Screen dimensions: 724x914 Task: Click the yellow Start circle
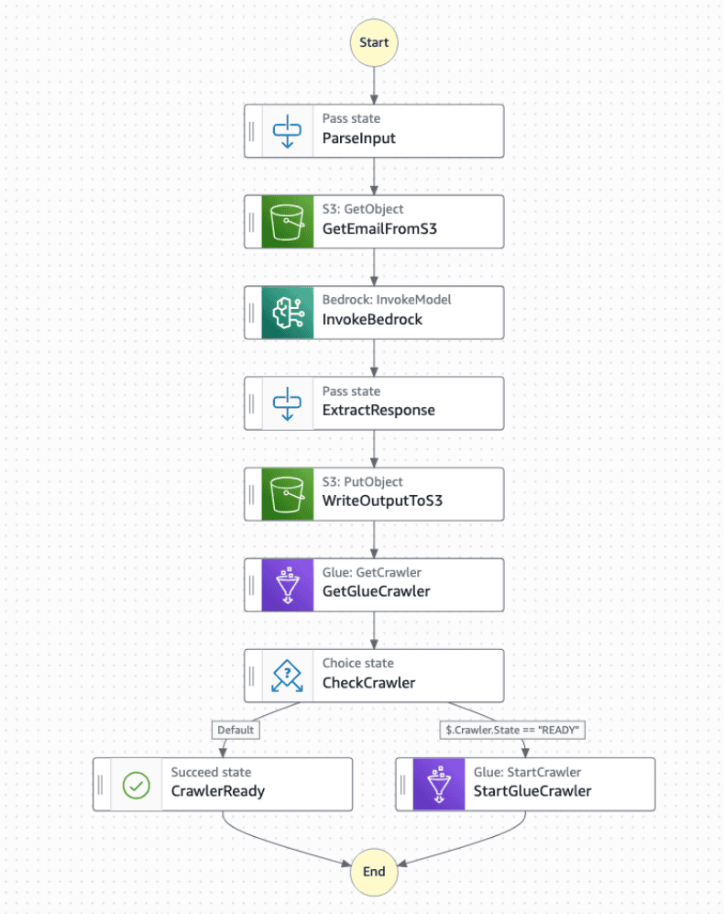(374, 42)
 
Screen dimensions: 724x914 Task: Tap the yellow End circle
(374, 872)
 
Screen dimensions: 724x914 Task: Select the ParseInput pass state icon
(288, 131)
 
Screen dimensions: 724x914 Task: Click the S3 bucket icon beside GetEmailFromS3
(288, 222)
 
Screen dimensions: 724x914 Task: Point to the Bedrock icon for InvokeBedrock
(288, 313)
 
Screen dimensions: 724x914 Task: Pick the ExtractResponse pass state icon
(288, 403)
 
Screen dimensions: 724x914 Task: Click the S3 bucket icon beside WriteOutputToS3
(288, 494)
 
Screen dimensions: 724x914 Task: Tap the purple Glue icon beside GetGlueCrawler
(288, 585)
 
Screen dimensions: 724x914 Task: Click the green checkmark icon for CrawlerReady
(137, 785)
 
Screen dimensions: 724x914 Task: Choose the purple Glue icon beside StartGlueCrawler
(439, 785)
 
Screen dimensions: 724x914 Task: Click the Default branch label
(236, 730)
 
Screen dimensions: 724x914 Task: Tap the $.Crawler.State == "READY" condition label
(512, 730)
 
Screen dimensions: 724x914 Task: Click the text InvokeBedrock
(372, 319)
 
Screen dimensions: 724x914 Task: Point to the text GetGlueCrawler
(377, 591)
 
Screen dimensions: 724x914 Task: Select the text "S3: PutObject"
(363, 481)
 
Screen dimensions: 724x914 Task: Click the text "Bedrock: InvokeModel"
(387, 300)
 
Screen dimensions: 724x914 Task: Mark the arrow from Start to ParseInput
(374, 85)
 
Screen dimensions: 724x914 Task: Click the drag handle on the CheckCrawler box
(252, 677)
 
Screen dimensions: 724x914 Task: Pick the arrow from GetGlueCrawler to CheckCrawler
(374, 630)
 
